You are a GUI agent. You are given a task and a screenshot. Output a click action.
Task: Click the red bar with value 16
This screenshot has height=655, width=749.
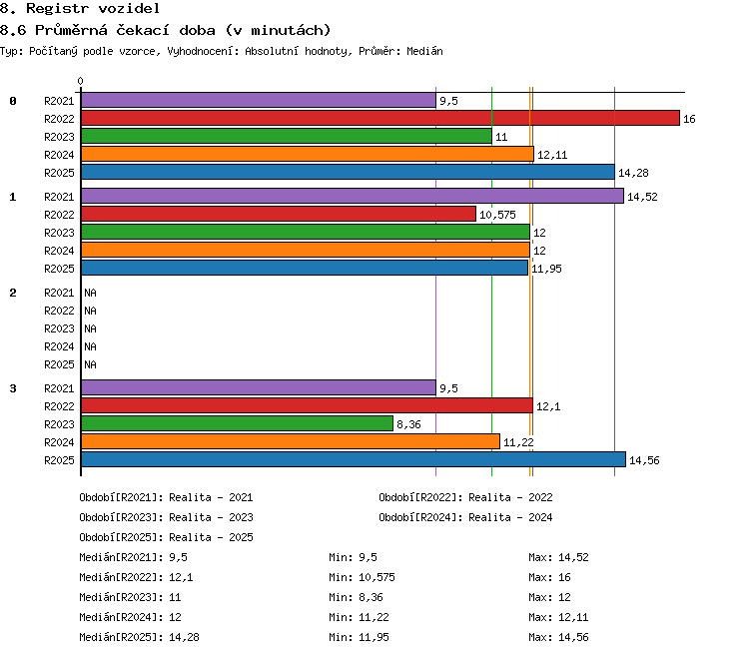point(380,118)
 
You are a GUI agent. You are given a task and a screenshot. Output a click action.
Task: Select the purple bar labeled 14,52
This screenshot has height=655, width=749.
point(353,196)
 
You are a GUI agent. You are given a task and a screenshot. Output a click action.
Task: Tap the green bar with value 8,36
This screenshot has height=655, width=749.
point(237,423)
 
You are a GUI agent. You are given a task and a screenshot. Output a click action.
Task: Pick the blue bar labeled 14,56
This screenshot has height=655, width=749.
point(354,459)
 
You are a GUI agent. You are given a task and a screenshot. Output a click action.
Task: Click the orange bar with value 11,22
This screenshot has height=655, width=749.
point(291,441)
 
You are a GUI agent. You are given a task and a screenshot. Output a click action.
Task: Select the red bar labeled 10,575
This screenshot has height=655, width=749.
point(279,214)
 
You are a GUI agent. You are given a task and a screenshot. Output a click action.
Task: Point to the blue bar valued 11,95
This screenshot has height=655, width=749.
point(305,268)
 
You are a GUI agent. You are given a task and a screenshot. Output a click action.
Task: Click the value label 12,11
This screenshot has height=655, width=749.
point(552,155)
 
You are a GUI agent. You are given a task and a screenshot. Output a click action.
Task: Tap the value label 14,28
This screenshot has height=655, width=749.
point(633,173)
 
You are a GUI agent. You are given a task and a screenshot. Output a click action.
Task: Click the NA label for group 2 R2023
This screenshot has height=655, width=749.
point(90,328)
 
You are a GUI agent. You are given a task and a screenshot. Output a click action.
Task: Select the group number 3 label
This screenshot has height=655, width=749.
point(13,388)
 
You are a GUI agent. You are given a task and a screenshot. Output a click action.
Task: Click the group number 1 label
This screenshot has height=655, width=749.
point(13,197)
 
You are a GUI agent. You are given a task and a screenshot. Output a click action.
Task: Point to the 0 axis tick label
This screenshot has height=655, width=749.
point(80,81)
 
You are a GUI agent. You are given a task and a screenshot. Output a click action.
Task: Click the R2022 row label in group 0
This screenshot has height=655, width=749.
point(59,119)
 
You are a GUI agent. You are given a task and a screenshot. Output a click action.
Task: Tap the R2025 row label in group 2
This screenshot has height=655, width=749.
point(59,365)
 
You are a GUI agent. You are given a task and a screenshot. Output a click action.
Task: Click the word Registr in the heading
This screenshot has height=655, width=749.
point(57,8)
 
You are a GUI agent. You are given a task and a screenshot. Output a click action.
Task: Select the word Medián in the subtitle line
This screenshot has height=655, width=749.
point(424,51)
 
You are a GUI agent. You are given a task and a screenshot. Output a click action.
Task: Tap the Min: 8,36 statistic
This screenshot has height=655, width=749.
point(356,597)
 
